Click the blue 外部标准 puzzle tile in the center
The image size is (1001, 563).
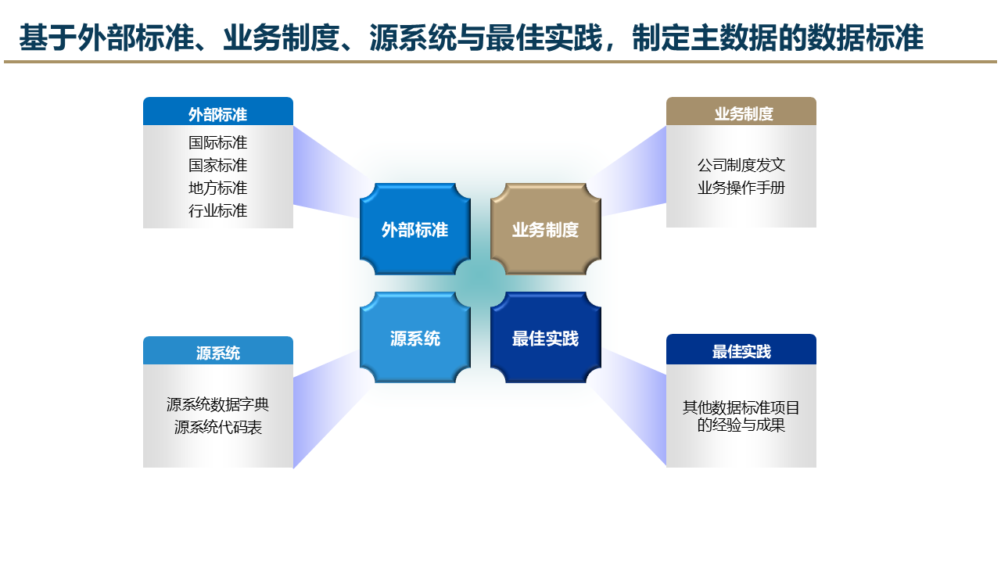point(414,230)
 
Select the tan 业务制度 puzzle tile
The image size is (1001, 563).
point(545,230)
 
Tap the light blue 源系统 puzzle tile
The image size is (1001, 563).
point(414,338)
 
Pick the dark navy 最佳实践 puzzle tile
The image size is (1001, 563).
point(545,338)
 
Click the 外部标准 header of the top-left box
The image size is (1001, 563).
point(217,114)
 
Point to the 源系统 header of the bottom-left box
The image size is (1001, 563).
point(217,353)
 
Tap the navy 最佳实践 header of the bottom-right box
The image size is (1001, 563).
point(741,351)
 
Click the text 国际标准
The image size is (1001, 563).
point(217,142)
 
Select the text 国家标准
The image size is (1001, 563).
point(217,165)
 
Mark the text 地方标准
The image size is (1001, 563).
point(217,188)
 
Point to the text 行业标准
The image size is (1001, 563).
point(217,210)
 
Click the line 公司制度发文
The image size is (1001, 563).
point(741,165)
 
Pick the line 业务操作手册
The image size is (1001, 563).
point(741,188)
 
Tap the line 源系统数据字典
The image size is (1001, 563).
point(217,404)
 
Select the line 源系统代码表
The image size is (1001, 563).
point(217,427)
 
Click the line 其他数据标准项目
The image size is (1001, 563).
point(741,407)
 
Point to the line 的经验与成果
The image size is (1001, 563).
point(741,425)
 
